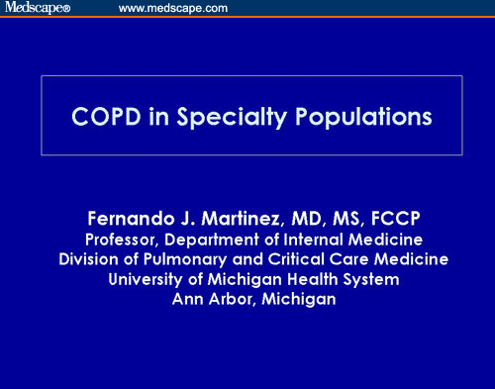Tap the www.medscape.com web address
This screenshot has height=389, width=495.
pyautogui.click(x=173, y=8)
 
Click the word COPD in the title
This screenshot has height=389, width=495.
pyautogui.click(x=103, y=116)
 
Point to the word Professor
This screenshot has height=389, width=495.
pyautogui.click(x=123, y=241)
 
